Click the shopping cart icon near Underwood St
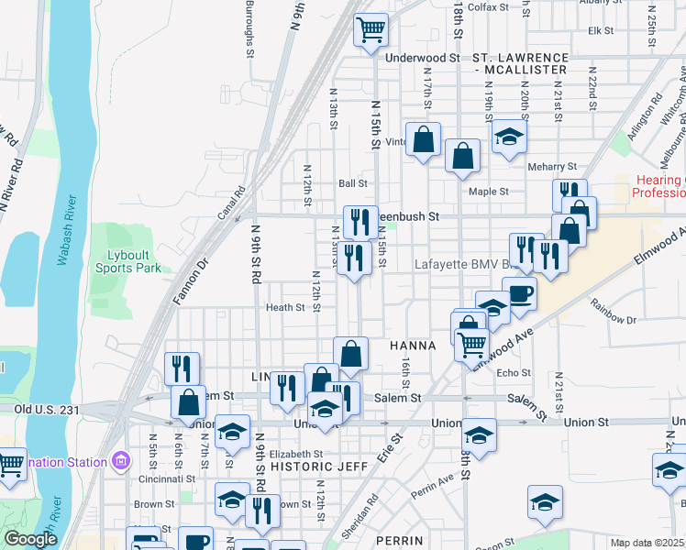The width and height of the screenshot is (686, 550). coord(371,30)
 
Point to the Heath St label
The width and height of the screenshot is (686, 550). coord(285,308)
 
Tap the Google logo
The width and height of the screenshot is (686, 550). coord(30,539)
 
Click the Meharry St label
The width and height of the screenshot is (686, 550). coord(553,167)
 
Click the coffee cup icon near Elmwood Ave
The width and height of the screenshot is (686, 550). coord(519,295)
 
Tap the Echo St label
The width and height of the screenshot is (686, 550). coord(513,373)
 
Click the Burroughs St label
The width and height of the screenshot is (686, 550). coord(249,27)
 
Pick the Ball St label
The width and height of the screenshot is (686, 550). coord(352,183)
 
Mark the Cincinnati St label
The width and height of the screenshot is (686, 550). coord(164,478)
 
